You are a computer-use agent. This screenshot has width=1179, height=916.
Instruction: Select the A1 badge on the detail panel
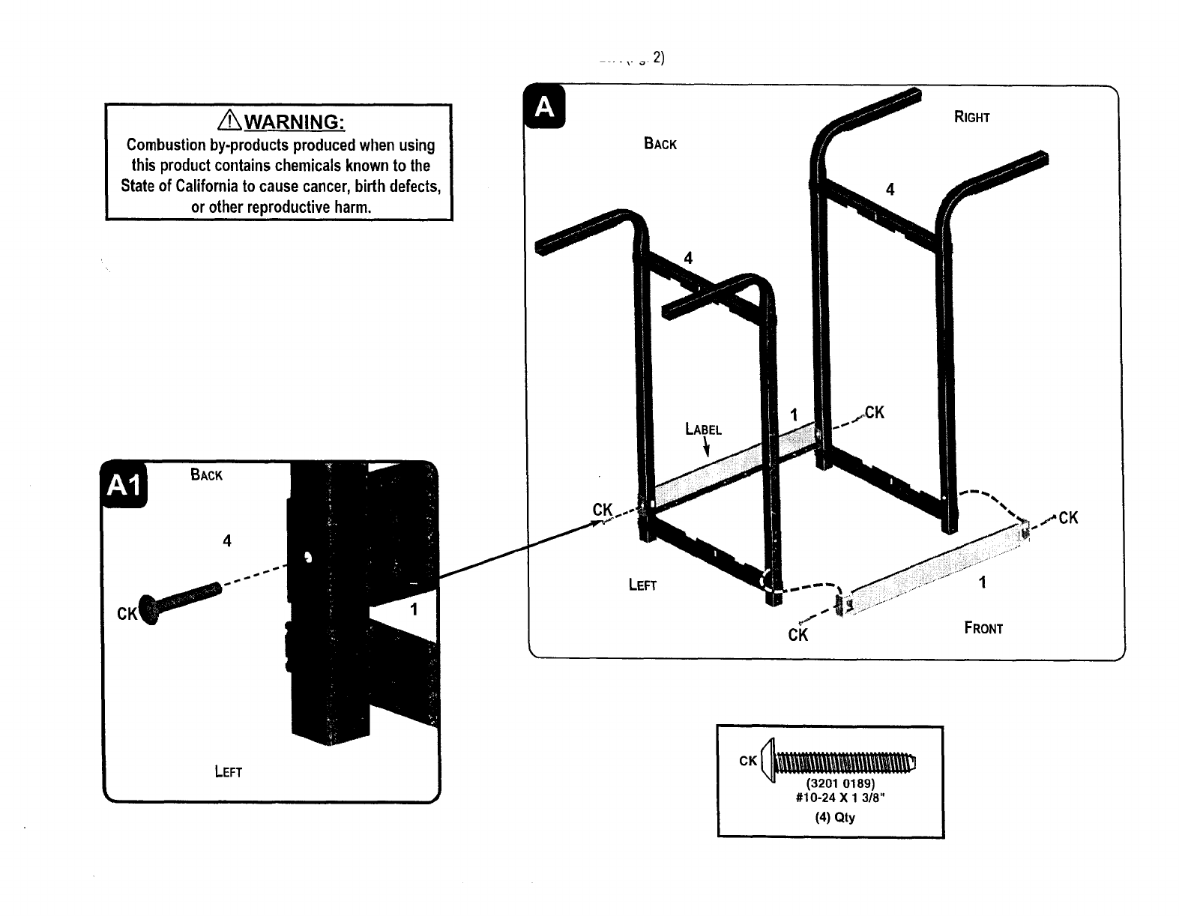click(x=125, y=486)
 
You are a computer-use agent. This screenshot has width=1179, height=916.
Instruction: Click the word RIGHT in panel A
click(x=971, y=118)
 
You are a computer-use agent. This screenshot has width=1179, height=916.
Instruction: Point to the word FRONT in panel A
click(x=983, y=628)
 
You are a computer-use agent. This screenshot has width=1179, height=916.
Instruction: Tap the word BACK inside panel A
click(x=660, y=144)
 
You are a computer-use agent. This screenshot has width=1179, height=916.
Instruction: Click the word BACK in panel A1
click(x=206, y=475)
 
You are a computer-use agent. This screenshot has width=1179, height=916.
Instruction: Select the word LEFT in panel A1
click(x=228, y=771)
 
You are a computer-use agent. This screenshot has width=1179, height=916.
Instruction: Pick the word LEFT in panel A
click(x=642, y=585)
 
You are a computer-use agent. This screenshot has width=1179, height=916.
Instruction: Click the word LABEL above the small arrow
click(x=703, y=430)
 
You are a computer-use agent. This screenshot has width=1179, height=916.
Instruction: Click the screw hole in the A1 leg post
click(x=307, y=557)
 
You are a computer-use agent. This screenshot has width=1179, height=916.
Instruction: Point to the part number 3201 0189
click(x=839, y=784)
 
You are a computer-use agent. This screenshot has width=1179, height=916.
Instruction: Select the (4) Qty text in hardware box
click(x=835, y=817)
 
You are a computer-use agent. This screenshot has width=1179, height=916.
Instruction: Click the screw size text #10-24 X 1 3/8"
click(x=839, y=798)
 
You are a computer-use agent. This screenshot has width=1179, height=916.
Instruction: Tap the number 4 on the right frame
click(x=890, y=190)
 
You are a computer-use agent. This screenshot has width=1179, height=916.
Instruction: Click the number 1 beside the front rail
click(x=983, y=582)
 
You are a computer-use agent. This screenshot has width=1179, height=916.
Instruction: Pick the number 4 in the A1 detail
click(x=227, y=540)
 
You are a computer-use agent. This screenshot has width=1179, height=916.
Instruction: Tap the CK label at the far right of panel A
click(x=1068, y=517)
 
